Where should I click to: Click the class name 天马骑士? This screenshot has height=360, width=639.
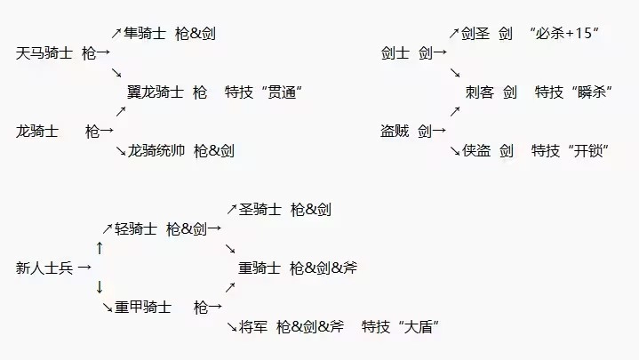coord(44,53)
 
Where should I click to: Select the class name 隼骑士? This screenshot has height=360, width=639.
coord(145,34)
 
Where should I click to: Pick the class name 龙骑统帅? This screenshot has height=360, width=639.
coord(156,151)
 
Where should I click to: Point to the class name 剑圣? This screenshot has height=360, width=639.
coord(475,34)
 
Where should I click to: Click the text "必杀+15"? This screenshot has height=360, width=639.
coord(564,34)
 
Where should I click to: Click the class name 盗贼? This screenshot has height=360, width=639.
coord(395,131)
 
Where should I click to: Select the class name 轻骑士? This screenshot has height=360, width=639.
coord(136,228)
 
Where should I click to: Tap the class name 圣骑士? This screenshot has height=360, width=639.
coord(260,210)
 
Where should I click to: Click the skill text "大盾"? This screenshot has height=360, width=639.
coord(421,327)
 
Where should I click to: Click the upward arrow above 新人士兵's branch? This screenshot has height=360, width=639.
coord(100,247)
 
